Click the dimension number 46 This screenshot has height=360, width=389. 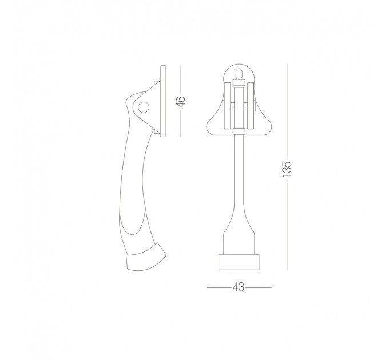coord(182,101)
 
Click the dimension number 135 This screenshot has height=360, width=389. coord(287,169)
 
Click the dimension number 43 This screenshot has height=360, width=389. coord(239,287)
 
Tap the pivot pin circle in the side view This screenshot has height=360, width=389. coord(144,108)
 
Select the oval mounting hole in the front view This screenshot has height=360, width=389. coord(239,74)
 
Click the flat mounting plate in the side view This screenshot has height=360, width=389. coord(162,101)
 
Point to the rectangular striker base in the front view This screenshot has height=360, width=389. coord(239,262)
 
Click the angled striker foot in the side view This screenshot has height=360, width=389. coord(146,258)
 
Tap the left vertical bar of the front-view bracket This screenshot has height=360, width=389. coord(227,106)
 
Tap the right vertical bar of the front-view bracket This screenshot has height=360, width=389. coord(251,106)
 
